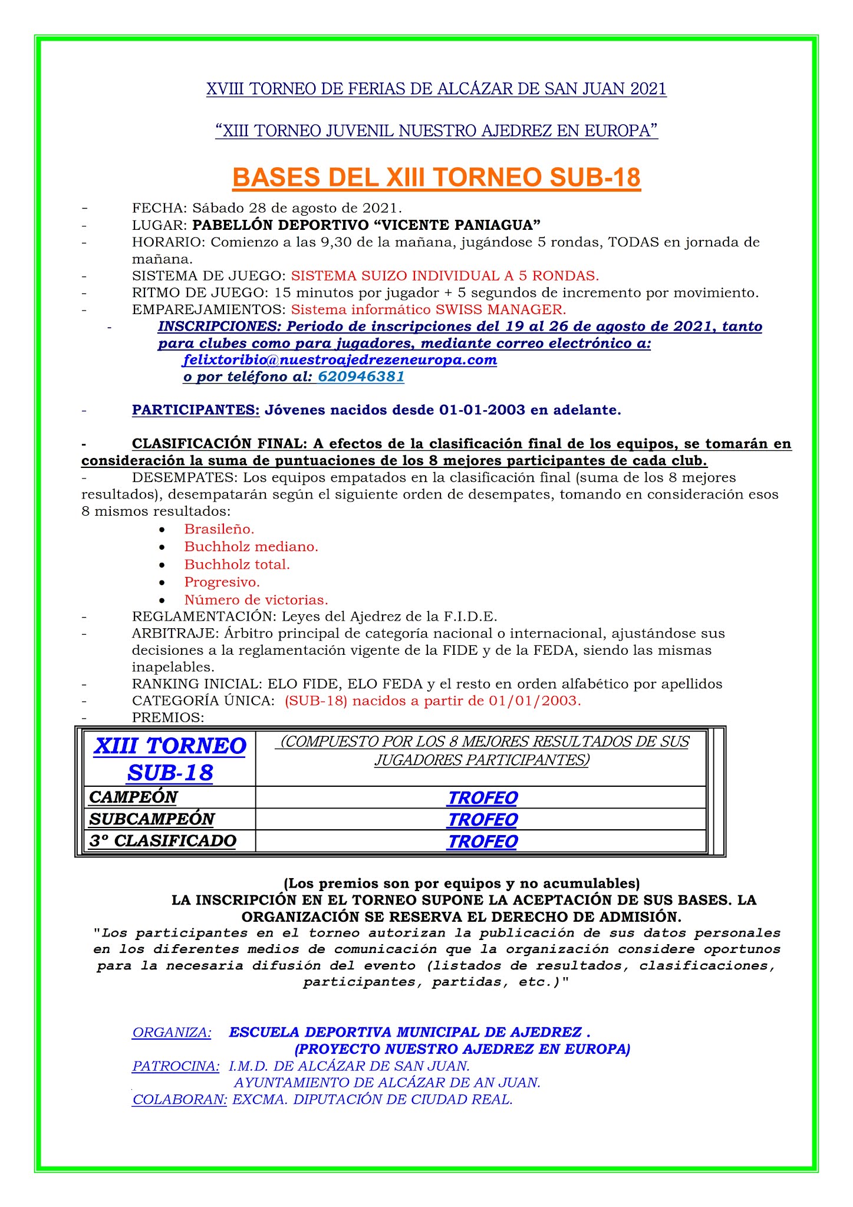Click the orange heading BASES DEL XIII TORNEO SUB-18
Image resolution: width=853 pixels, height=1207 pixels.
tap(436, 177)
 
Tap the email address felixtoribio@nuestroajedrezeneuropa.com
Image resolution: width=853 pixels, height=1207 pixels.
tap(340, 360)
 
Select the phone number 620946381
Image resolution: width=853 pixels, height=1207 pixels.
tap(361, 377)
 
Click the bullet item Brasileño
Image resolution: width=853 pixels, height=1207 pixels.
tap(219, 529)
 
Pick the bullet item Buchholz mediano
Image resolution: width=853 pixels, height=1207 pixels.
tap(251, 546)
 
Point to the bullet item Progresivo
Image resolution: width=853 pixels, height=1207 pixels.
tap(222, 582)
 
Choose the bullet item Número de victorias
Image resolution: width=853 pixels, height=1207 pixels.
tap(256, 599)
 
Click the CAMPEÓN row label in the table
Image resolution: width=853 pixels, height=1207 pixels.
tap(133, 797)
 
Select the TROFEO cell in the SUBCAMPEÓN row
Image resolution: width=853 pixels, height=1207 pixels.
tap(482, 819)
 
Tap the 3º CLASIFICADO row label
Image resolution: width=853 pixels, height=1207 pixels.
tap(163, 840)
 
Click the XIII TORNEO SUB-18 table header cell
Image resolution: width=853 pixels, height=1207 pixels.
tap(170, 759)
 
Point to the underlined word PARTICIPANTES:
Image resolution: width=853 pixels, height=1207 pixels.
tap(196, 410)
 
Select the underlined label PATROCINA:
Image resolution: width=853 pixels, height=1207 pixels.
tap(176, 1066)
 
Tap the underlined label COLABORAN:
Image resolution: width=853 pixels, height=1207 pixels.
tap(179, 1099)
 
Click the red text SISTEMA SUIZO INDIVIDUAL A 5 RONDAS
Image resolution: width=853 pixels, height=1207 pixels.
tap(445, 275)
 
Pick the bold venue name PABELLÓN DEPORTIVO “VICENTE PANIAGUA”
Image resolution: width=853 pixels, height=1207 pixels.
tap(367, 225)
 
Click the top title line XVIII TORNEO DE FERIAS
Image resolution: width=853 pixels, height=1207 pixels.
tap(436, 89)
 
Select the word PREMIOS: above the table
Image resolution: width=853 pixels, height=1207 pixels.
tap(168, 717)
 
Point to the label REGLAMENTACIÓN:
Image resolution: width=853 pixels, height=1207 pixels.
tap(205, 616)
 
